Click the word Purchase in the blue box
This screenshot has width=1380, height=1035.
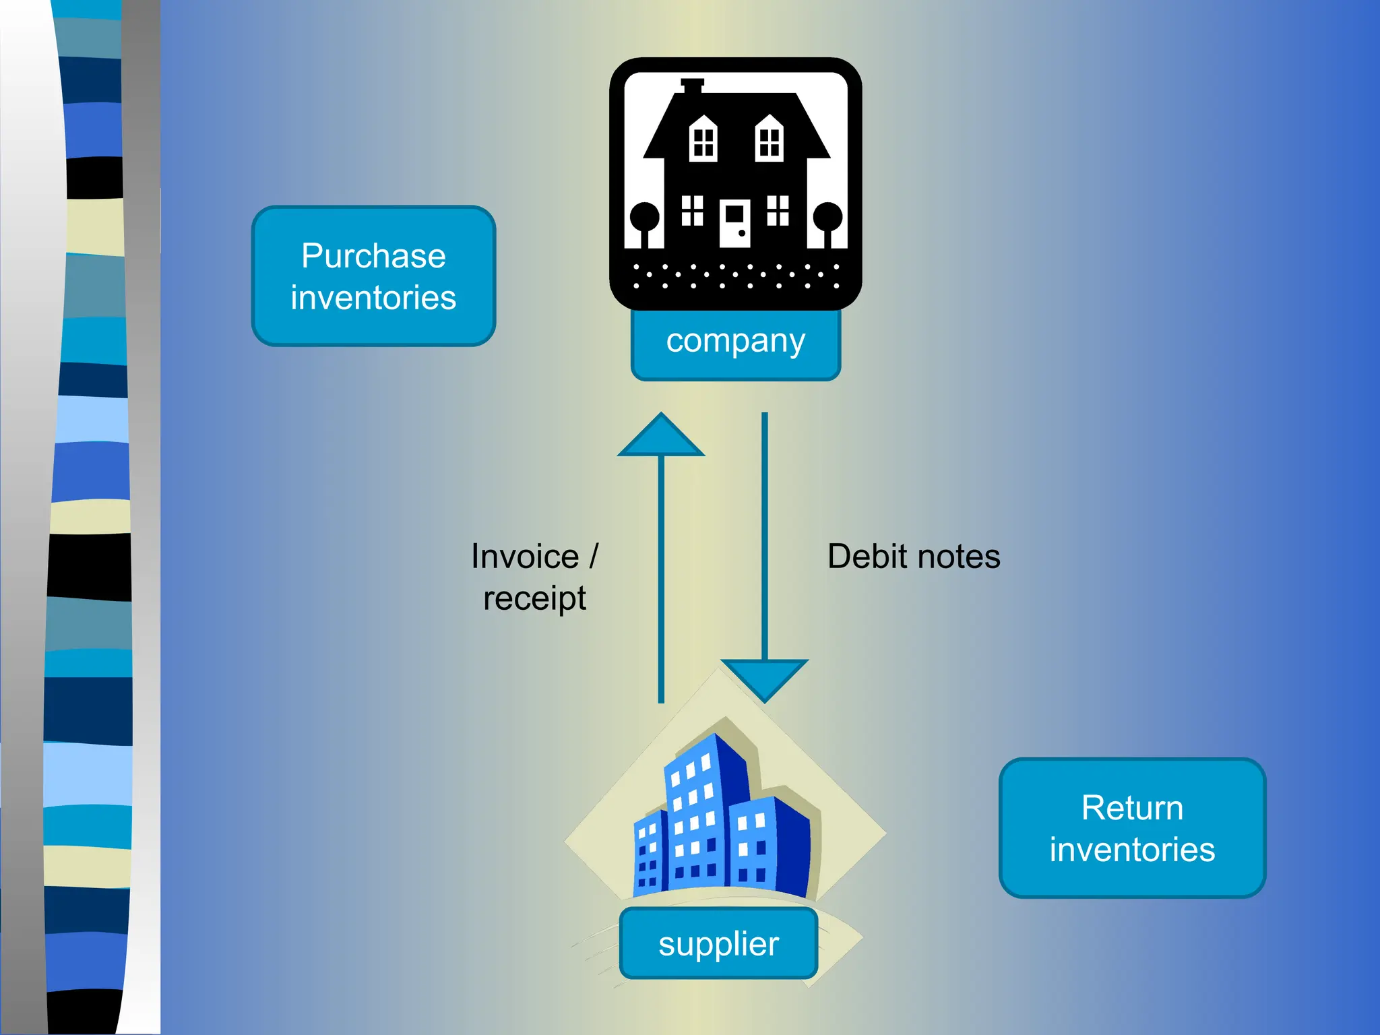coord(373,256)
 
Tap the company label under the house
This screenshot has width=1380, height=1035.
coord(735,342)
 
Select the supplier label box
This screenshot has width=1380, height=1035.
coord(718,943)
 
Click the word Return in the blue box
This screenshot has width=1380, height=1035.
coord(1132,808)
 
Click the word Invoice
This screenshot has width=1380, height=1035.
coord(525,557)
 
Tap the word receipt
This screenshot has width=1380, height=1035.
coord(534,598)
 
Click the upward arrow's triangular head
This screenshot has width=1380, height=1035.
coord(661,438)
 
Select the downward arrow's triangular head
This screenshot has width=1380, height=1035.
coord(764,677)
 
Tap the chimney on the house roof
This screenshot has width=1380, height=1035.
coord(692,86)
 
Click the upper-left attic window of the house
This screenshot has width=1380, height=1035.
coord(703,139)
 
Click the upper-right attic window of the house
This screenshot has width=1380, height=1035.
coord(769,139)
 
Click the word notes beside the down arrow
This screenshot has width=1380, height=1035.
coord(958,557)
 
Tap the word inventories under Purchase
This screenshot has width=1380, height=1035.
coord(373,298)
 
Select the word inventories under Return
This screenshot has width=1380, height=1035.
coord(1132,850)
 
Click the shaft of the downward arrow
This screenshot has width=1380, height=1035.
coord(764,539)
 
